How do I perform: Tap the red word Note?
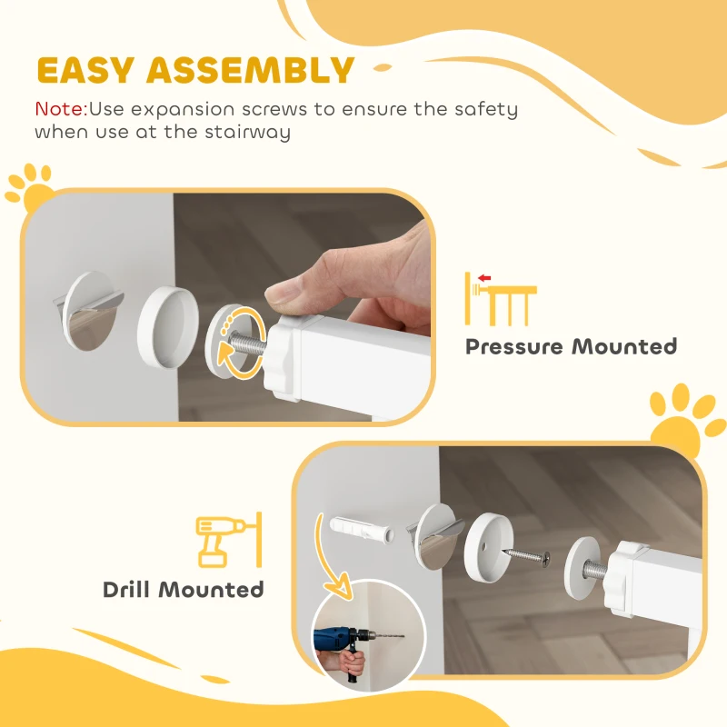click(59, 109)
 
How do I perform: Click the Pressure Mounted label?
click(571, 346)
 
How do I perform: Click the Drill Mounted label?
click(184, 589)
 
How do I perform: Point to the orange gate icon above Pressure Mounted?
click(500, 298)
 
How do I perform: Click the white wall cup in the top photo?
click(168, 326)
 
